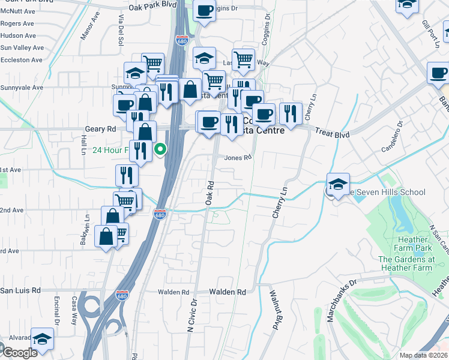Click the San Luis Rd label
[20, 290]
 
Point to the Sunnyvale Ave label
[22, 87]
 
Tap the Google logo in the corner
[19, 353]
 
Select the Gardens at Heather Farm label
[406, 263]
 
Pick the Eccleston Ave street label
[21, 60]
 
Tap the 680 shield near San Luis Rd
[122, 296]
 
